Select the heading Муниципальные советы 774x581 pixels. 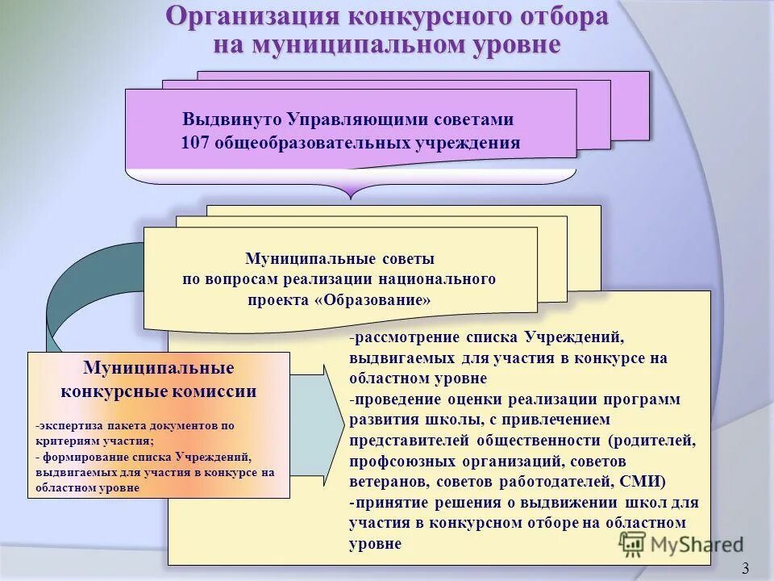(x=339, y=259)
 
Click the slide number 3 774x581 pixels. (x=745, y=569)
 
